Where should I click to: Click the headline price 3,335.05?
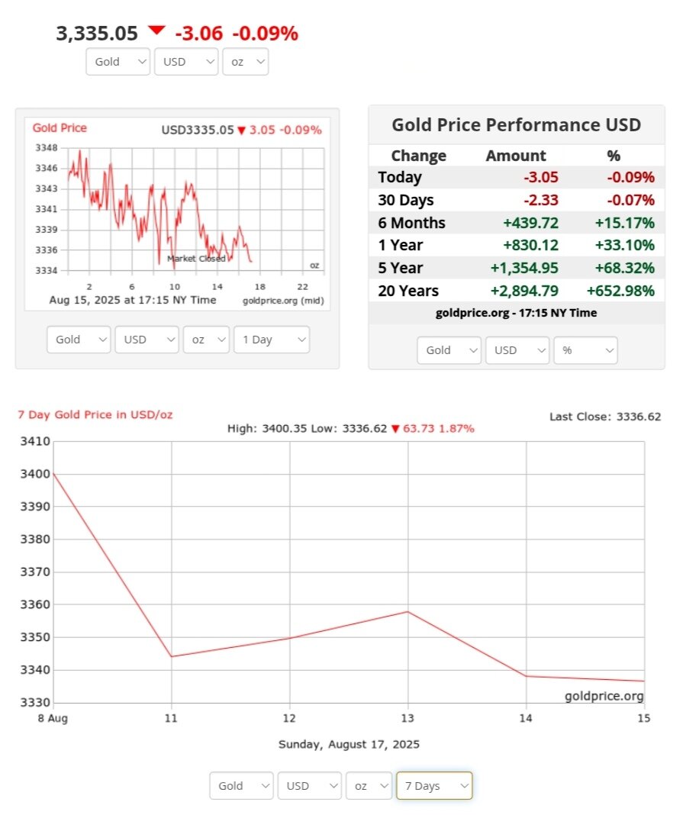click(97, 34)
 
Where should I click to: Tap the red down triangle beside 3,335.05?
click(156, 31)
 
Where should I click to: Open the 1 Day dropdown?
click(271, 340)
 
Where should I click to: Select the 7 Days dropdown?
click(433, 785)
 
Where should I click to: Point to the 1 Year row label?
click(400, 245)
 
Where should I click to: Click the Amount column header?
click(516, 156)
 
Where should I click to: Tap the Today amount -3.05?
click(540, 177)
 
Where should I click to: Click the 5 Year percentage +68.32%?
click(625, 268)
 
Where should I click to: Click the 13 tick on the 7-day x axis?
click(408, 718)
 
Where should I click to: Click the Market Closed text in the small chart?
click(196, 259)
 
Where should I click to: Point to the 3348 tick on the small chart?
click(47, 147)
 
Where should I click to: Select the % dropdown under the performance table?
click(585, 350)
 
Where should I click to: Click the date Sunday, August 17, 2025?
click(349, 744)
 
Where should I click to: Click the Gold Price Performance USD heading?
click(516, 125)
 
